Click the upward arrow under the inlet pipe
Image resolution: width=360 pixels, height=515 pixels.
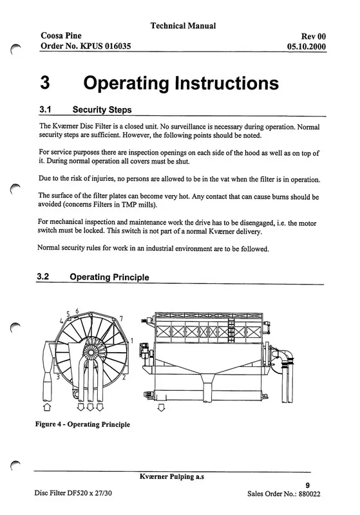(47, 407)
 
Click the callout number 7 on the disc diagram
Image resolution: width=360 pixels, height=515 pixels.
(121, 319)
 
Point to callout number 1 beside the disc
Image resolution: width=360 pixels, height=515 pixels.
(132, 341)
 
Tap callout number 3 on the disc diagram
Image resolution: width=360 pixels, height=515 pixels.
(58, 377)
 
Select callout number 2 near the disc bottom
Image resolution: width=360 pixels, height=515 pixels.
(124, 377)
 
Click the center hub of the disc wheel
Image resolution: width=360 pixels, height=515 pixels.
(90, 352)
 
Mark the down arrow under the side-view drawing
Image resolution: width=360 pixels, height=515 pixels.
(161, 408)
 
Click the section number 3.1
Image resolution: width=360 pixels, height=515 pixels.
(45, 109)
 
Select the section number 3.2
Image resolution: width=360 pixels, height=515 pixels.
(43, 277)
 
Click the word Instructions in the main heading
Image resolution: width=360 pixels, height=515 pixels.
(227, 83)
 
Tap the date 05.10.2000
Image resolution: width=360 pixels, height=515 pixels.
(307, 46)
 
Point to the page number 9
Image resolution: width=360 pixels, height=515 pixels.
(307, 485)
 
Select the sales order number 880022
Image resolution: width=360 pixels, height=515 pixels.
(309, 494)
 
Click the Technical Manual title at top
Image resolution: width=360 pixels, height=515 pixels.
(183, 26)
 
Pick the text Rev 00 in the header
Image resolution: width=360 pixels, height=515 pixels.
(314, 37)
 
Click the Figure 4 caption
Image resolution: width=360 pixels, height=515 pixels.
(82, 424)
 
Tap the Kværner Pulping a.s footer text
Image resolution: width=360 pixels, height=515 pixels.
(172, 476)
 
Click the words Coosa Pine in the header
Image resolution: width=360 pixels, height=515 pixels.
(61, 35)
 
